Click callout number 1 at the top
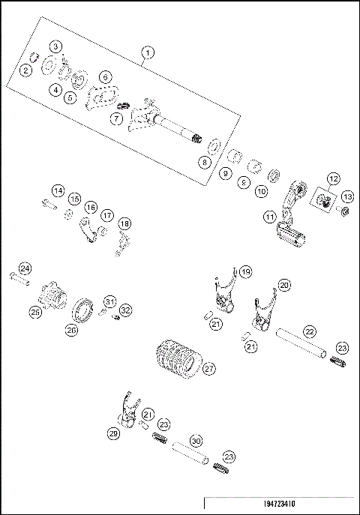click(x=148, y=52)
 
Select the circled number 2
click(x=26, y=70)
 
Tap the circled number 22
click(x=308, y=330)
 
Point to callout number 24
click(x=25, y=268)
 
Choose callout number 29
click(x=114, y=434)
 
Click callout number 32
click(x=125, y=309)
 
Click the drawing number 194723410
click(x=279, y=505)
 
